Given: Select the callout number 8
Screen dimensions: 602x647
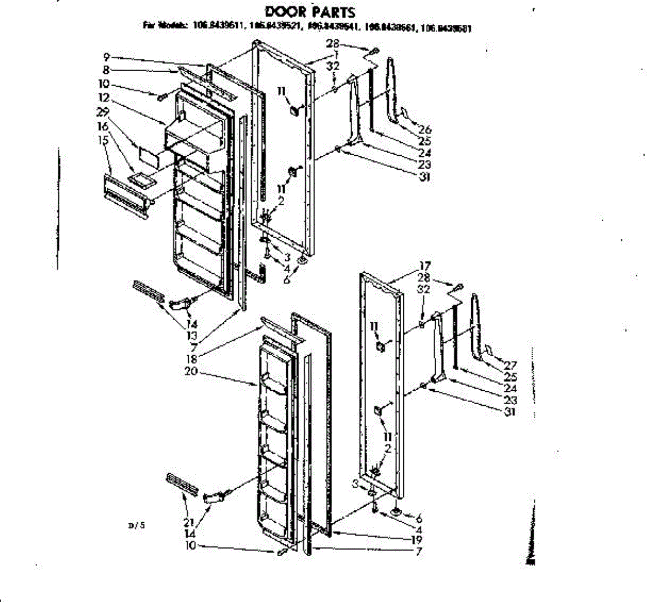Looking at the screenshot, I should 106,70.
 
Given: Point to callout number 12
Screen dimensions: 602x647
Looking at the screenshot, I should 104,98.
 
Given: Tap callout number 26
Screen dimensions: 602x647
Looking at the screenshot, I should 425,129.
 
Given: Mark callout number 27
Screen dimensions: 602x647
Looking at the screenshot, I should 510,365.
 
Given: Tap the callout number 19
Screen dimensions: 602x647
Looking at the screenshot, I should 416,539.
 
